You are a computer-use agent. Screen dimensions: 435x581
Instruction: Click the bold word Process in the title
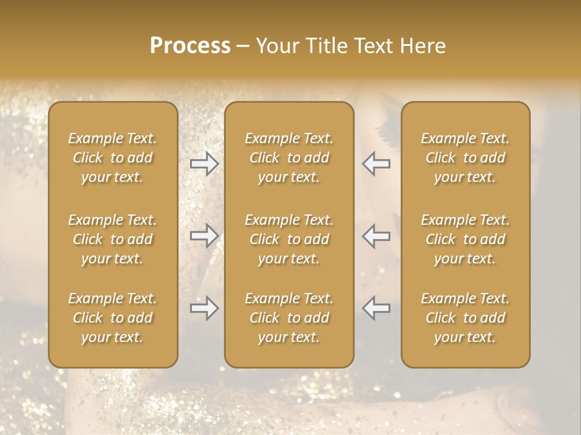tap(190, 46)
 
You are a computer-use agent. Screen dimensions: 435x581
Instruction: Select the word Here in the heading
tap(424, 46)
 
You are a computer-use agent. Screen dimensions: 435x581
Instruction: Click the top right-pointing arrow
tap(204, 164)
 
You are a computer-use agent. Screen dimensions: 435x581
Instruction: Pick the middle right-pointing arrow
tap(204, 236)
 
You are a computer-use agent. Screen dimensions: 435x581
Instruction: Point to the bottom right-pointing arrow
tap(204, 308)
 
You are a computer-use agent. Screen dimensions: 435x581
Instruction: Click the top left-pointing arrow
tap(376, 164)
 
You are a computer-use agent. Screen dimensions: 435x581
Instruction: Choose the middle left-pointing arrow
tap(376, 236)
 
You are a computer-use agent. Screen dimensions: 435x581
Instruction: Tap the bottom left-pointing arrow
tap(376, 308)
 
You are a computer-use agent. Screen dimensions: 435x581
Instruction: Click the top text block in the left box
tap(113, 158)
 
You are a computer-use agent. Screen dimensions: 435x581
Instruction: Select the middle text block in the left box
tap(113, 239)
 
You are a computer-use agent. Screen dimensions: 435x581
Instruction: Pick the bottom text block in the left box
tap(113, 318)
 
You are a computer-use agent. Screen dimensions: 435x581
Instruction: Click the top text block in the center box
tap(289, 158)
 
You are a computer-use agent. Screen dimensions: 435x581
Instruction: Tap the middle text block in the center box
tap(289, 239)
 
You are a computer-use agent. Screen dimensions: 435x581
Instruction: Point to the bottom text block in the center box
tap(289, 318)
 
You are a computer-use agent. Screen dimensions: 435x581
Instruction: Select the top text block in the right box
tap(465, 158)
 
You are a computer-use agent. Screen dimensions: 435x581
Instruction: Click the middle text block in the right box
tap(465, 239)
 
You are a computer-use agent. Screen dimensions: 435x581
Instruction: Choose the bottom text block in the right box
tap(465, 318)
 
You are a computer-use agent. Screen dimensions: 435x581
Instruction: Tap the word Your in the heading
tap(275, 46)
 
